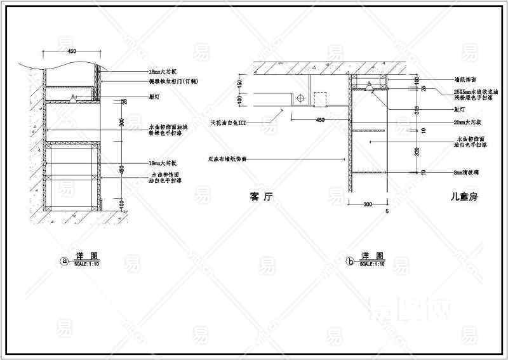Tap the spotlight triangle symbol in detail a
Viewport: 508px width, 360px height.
tap(74, 98)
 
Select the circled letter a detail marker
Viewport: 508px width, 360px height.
tap(63, 260)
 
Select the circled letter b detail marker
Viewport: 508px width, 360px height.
tap(349, 260)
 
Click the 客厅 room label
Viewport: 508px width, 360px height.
tap(261, 197)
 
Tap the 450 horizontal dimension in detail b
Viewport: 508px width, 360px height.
tap(320, 119)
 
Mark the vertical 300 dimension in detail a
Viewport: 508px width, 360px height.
tap(122, 122)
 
